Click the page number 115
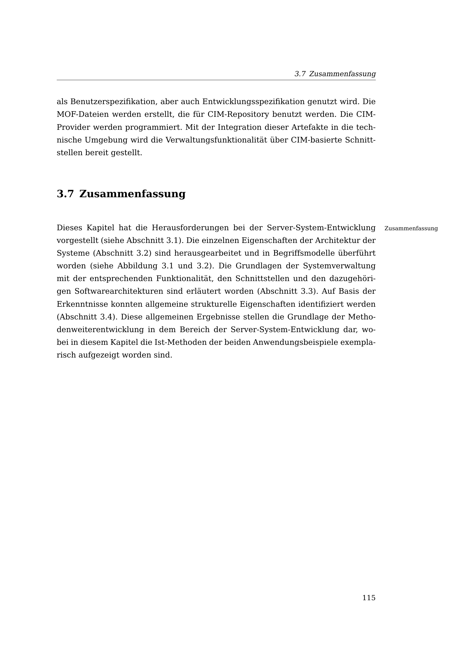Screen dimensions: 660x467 pos(369,598)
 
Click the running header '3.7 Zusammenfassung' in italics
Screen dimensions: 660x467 pos(335,74)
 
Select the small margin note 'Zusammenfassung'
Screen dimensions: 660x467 pos(411,229)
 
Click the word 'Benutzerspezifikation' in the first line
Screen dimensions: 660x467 pos(113,102)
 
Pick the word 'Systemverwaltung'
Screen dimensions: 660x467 pos(339,266)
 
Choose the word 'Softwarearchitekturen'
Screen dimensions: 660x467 pos(119,291)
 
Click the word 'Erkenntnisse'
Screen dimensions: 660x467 pos(82,304)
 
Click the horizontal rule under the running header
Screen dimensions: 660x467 pos(216,80)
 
